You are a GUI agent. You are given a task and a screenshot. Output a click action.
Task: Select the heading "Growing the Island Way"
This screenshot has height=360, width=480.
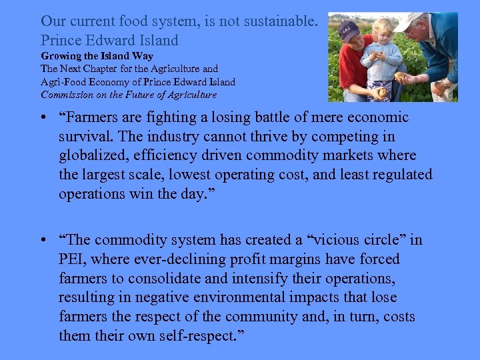click(x=97, y=57)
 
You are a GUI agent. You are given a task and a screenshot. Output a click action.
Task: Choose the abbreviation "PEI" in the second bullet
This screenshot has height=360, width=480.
click(x=73, y=259)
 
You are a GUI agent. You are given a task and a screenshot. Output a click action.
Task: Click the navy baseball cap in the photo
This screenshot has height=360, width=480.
click(x=348, y=29)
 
